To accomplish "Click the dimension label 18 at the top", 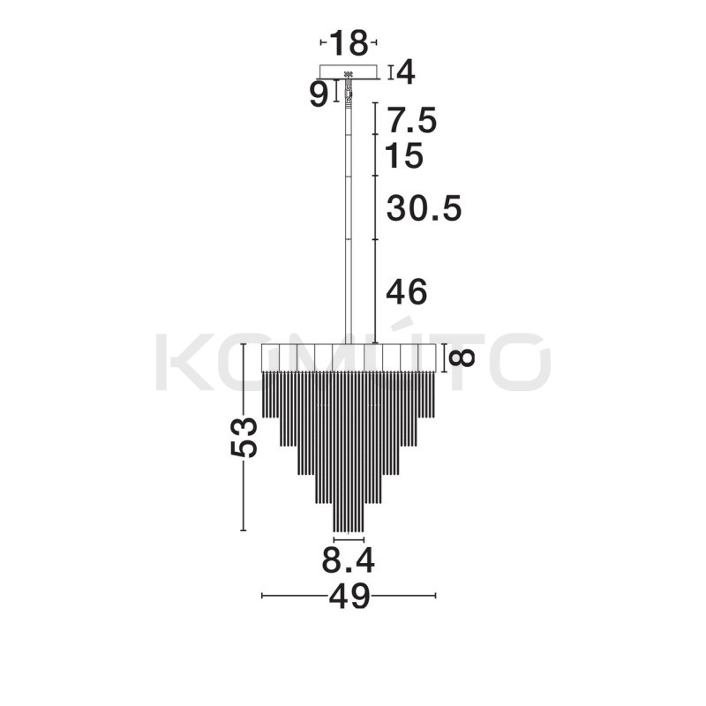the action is (x=349, y=42).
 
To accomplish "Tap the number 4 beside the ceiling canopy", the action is (x=406, y=72).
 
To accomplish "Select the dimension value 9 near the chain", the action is (x=319, y=95).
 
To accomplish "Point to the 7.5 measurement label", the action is (x=412, y=121).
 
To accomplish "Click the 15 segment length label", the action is (x=405, y=156).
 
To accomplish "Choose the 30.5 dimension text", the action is (x=424, y=208).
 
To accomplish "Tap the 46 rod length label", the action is (x=407, y=292).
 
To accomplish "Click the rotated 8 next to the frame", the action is (x=462, y=358).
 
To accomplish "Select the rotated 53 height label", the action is (x=244, y=438).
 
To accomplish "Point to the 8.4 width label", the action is (x=348, y=560).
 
